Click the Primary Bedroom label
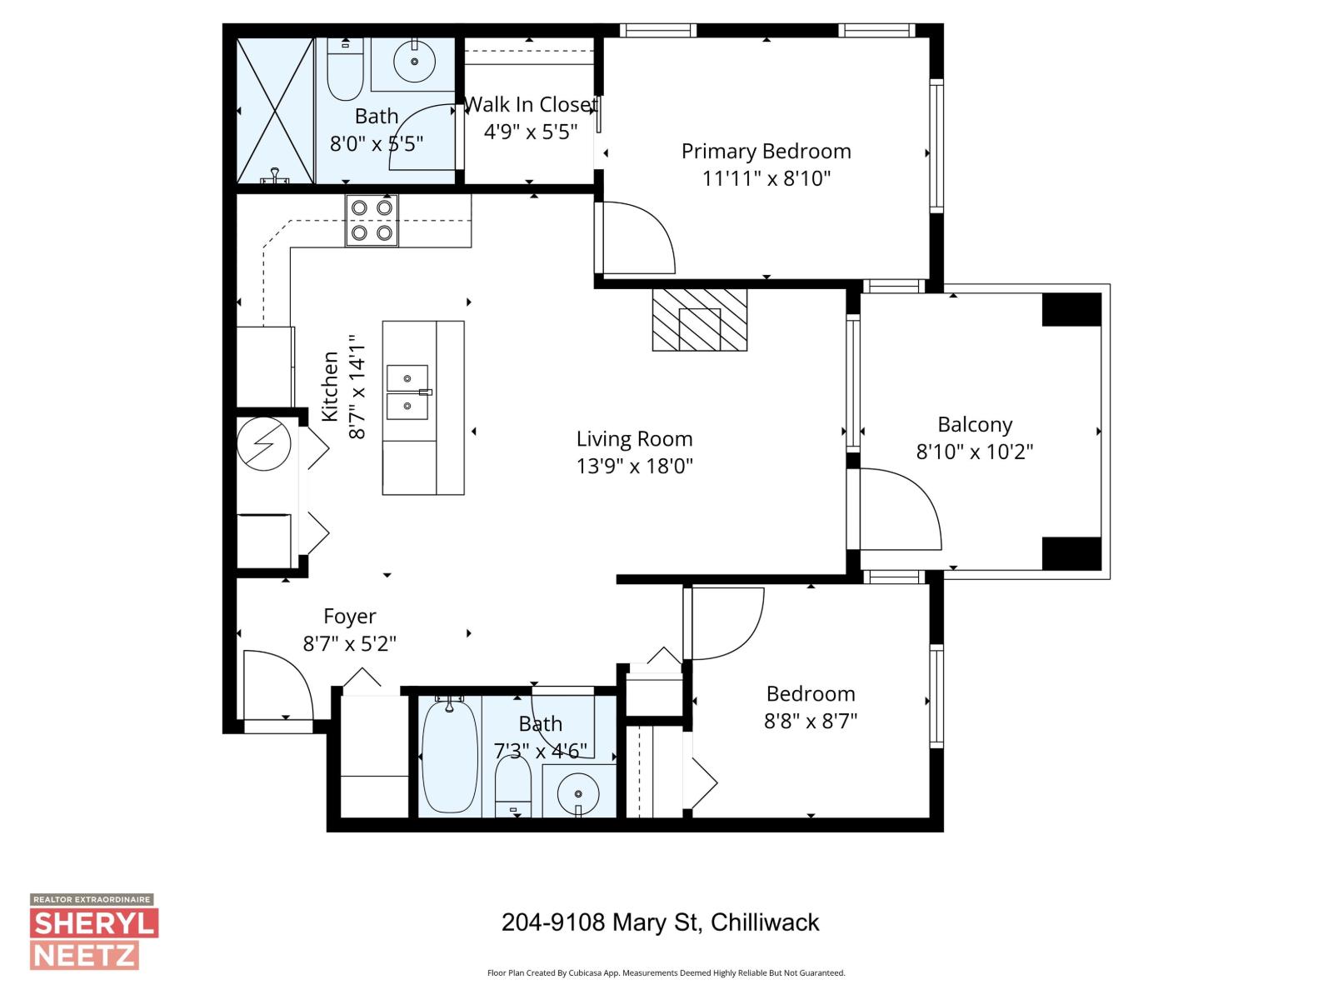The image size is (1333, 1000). pos(766,151)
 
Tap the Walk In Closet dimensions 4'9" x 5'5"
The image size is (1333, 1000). pos(530,132)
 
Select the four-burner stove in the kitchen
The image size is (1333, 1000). pos(372,220)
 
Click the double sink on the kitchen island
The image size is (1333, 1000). pos(407,392)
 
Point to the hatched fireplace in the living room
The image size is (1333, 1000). pos(699,320)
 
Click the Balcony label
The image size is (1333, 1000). pos(974,424)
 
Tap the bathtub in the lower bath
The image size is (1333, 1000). pos(449,757)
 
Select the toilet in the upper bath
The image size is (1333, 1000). pos(344,72)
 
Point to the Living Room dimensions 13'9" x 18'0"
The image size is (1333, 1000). pos(634,466)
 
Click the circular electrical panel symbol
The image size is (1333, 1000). pos(263,444)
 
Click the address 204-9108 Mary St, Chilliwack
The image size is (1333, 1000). pos(660,922)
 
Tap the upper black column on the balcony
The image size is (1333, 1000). pos(1071,309)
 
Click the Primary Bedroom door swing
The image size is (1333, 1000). pos(637,237)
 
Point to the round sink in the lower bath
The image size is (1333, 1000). pos(577,789)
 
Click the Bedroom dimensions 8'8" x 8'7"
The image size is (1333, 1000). pos(810,721)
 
